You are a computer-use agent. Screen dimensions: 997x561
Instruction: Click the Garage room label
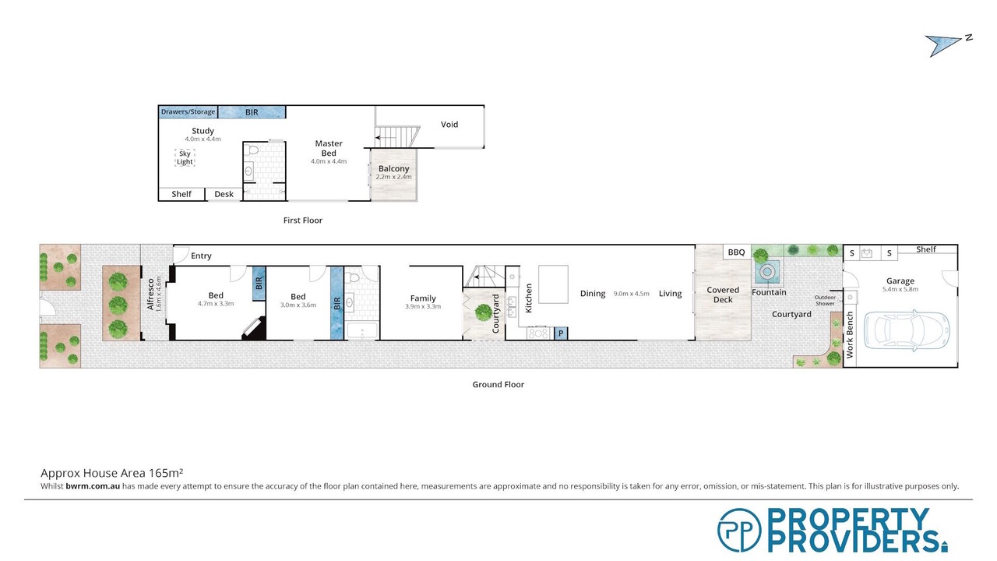point(900,281)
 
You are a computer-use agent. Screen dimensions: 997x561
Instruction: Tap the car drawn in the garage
point(907,330)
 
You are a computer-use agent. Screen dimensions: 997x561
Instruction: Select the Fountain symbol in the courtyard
point(767,272)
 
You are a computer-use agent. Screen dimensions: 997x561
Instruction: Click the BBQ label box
point(737,252)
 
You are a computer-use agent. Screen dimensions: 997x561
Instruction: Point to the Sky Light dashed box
point(185,157)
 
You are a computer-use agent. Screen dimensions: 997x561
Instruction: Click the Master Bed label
point(329,148)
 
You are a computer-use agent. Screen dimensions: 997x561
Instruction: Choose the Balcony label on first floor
point(394,169)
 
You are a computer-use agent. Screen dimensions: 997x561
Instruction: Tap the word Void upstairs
point(449,125)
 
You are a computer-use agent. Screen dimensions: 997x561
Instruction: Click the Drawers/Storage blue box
point(188,111)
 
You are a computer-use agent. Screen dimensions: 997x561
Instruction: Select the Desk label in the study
point(224,194)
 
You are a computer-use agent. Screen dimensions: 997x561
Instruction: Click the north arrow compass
point(947,45)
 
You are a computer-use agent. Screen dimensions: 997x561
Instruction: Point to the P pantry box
point(561,333)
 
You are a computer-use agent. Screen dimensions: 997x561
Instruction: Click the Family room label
point(423,298)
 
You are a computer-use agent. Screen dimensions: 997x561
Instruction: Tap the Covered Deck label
point(723,295)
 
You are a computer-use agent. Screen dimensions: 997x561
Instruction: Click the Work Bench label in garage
point(850,335)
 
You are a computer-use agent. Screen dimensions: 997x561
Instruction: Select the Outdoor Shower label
point(825,301)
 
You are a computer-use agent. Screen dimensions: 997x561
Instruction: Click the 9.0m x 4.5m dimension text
point(631,294)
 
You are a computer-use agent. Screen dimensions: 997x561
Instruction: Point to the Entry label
point(201,256)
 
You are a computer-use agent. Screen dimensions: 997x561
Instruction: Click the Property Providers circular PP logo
point(739,530)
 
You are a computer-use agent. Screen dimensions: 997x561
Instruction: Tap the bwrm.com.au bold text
point(93,486)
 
